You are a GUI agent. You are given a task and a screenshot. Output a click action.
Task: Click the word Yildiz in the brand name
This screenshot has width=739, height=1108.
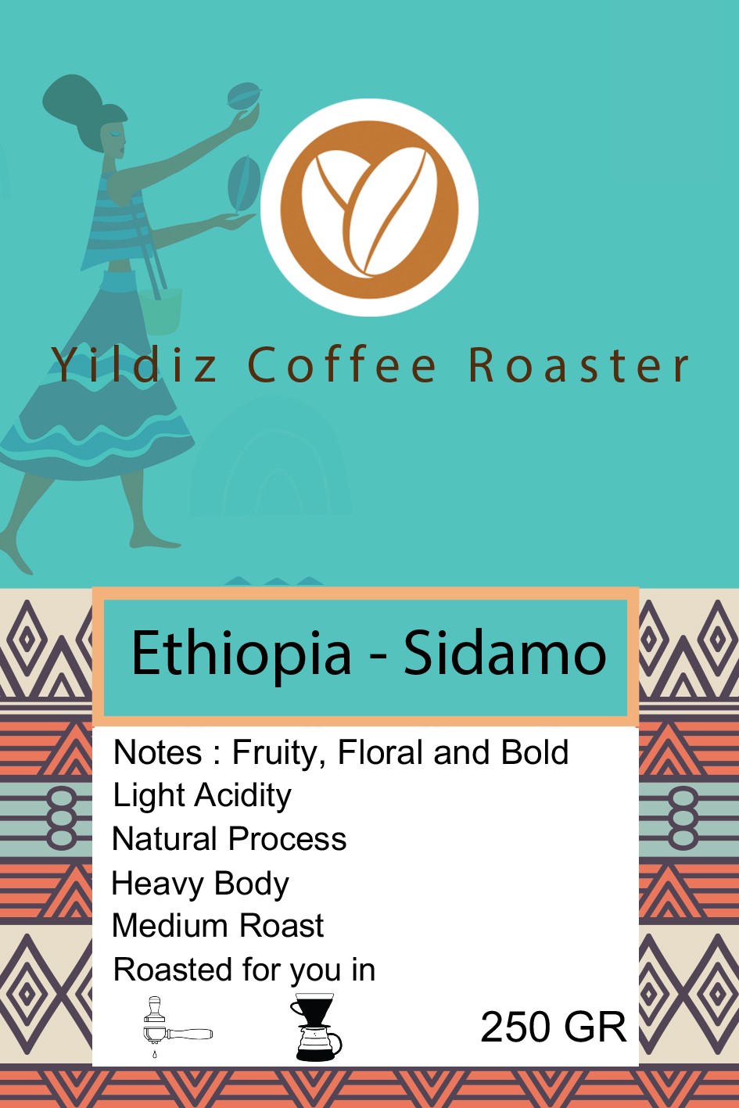tap(135, 365)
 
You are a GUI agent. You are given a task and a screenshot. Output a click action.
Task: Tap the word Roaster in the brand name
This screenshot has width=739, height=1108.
tap(579, 365)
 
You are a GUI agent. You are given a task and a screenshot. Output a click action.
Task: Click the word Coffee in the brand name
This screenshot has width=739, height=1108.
tap(343, 365)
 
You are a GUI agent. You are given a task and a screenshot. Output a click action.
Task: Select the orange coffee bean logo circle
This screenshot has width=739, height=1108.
tap(369, 207)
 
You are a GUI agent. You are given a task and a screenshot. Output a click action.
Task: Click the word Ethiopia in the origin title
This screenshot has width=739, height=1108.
tap(242, 653)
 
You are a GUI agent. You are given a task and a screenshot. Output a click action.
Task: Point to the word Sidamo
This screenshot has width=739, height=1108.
tap(504, 653)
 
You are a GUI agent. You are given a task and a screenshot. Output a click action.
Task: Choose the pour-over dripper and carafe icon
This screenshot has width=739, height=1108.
tap(316, 1027)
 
